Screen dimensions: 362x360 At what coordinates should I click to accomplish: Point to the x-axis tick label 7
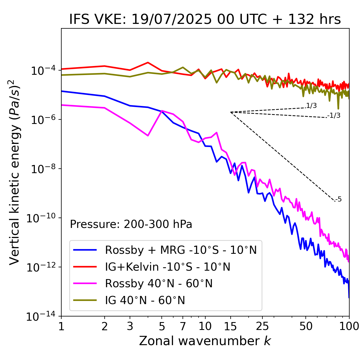coord(183,326)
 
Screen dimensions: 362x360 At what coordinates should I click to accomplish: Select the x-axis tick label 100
coord(349,326)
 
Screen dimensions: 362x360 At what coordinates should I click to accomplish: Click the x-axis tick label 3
coord(130,326)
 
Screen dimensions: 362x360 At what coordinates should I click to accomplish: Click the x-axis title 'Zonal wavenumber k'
coord(205,341)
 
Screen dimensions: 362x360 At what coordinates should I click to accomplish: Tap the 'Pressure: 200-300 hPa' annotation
coord(131,224)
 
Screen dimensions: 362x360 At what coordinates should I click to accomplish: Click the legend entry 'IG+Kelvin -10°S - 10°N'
coord(168,267)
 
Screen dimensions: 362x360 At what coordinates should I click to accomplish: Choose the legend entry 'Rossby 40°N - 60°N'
coord(159,284)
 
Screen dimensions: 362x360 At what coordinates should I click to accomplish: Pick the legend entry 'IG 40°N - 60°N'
coord(145,300)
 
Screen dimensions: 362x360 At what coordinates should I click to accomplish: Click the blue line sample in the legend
coord(85,250)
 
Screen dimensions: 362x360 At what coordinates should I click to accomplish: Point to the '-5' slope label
coord(339,200)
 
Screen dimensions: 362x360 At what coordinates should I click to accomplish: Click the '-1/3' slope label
coord(334,116)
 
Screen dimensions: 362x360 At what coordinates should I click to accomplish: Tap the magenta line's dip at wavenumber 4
coord(148,136)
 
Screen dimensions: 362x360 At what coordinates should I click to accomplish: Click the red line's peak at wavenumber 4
coord(148,62)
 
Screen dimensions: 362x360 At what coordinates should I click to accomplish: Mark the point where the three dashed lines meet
coord(231,112)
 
